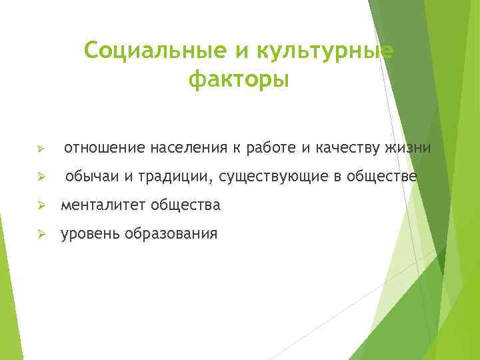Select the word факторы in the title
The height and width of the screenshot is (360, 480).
[x=239, y=81]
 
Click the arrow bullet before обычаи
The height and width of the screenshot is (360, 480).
[x=41, y=177]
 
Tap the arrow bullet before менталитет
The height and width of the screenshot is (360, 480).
[x=41, y=206]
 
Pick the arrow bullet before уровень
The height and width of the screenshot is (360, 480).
[x=41, y=235]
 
